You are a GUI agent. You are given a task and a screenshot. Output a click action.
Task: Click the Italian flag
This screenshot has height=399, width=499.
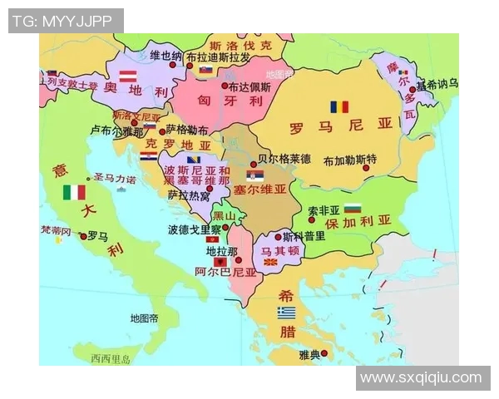(74, 192)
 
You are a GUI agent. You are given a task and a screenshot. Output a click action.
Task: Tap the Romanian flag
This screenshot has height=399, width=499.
(339, 107)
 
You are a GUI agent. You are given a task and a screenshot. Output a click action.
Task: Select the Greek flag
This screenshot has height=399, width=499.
(286, 313)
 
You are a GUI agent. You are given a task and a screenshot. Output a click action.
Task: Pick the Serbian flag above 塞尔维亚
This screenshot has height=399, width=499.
(255, 176)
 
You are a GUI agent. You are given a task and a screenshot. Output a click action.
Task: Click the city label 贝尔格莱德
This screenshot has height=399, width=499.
(284, 158)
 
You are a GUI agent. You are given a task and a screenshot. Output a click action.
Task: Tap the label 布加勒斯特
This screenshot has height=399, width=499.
(350, 159)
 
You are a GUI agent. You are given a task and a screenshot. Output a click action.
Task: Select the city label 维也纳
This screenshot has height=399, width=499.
(166, 56)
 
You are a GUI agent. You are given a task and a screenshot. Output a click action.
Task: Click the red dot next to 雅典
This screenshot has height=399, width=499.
(324, 353)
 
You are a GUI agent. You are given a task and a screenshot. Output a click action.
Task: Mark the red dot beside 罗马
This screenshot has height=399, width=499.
(82, 236)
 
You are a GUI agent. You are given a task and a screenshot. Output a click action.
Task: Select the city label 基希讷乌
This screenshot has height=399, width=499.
(437, 84)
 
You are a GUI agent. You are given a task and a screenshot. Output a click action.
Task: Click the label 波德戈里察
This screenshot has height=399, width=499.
(194, 229)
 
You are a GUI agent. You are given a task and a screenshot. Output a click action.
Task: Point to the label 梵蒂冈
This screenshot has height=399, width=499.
(57, 230)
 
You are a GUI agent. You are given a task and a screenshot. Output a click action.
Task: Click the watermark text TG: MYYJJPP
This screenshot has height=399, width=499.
(65, 21)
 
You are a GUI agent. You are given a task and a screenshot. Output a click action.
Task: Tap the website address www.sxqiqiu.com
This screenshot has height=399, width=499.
(421, 378)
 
